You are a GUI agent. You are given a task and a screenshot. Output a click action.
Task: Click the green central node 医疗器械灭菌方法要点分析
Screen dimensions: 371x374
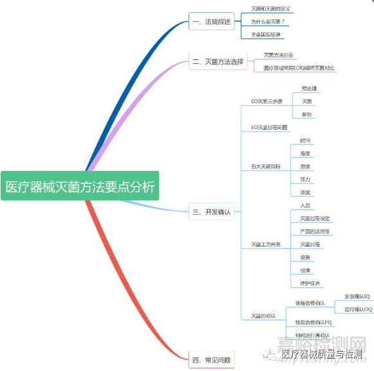click(x=80, y=186)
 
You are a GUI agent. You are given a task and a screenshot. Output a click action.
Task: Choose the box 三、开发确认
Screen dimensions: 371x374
click(x=211, y=211)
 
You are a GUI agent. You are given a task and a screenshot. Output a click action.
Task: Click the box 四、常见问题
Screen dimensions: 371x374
click(x=210, y=359)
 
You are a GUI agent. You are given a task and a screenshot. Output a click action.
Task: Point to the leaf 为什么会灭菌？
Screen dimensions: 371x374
click(x=268, y=22)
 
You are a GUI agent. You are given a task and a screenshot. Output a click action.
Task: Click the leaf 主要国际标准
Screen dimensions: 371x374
click(x=266, y=35)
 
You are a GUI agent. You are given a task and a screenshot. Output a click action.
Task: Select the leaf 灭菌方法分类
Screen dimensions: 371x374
click(x=279, y=55)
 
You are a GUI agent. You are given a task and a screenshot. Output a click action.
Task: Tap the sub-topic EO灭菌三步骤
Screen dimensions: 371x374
click(x=266, y=101)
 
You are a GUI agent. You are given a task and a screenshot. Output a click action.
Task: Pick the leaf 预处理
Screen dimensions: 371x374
click(x=309, y=88)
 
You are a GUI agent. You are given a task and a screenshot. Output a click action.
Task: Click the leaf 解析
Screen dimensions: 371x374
click(x=307, y=114)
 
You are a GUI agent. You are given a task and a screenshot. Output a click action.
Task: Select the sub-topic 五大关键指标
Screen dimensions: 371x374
click(x=265, y=166)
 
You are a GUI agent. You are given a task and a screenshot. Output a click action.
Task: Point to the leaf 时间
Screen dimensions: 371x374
click(x=305, y=141)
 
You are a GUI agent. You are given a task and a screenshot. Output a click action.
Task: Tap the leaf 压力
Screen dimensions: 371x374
click(x=305, y=179)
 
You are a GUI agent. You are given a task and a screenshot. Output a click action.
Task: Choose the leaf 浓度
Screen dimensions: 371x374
click(x=305, y=192)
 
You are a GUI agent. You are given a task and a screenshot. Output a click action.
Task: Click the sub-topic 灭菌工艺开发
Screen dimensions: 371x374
click(x=265, y=245)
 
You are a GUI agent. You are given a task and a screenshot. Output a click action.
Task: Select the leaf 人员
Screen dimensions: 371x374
click(x=306, y=206)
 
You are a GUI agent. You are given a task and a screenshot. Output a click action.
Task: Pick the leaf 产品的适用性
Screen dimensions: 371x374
click(x=315, y=232)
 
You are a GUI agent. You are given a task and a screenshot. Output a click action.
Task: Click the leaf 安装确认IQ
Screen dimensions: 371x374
click(x=357, y=297)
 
